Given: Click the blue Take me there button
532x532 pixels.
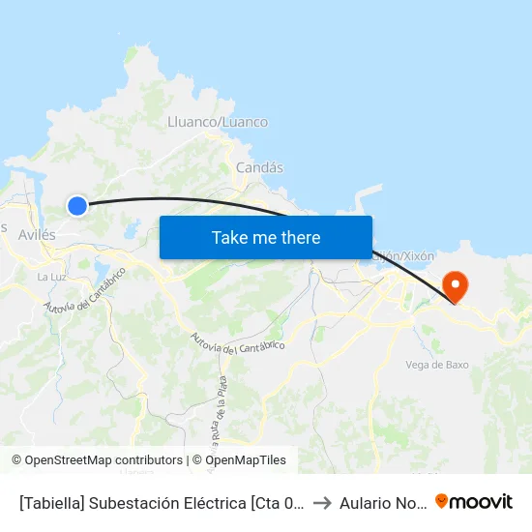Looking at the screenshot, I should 265,237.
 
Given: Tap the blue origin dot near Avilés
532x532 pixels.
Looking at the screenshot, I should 77,205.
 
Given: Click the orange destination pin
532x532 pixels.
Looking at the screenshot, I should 454,284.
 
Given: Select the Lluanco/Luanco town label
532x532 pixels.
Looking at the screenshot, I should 218,122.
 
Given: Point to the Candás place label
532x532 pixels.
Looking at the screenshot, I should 259,167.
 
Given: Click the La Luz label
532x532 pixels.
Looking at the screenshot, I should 50,277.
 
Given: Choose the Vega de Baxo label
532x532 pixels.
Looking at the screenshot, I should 437,365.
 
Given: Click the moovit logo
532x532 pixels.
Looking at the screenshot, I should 474,501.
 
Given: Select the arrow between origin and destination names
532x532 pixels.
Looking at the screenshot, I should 323,502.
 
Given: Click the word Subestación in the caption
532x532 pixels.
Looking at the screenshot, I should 139,502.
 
